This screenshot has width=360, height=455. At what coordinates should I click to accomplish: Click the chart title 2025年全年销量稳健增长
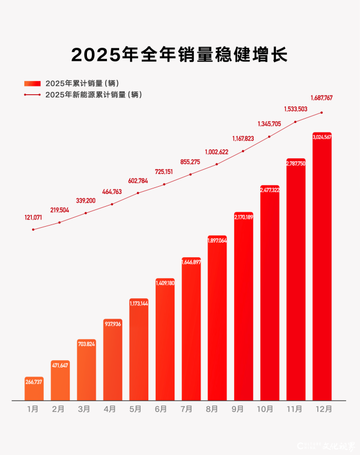[x=179, y=55]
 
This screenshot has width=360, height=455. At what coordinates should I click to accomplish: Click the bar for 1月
[x=34, y=389]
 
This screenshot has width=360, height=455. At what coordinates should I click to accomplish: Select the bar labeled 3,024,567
[x=322, y=266]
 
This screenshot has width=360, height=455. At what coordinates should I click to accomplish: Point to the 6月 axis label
[x=161, y=410]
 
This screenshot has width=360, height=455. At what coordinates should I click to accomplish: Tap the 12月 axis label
[x=322, y=410]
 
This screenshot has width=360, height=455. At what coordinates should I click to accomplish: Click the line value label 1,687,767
[x=322, y=98]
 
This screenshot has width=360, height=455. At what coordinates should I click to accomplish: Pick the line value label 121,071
[x=33, y=218]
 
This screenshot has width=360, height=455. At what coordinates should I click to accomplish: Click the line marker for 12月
[x=322, y=113]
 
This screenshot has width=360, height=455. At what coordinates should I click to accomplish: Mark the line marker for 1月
[x=33, y=229]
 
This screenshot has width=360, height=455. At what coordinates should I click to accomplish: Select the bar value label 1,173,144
[x=138, y=303]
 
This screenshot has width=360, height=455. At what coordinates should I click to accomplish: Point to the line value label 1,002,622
[x=217, y=152]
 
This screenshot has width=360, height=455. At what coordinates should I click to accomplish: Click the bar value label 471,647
[x=60, y=365]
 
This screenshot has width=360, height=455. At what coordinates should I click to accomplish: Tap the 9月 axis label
[x=243, y=410]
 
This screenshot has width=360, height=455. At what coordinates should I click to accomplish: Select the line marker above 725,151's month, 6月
[x=164, y=184]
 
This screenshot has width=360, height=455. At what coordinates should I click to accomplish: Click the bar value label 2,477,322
[x=269, y=190]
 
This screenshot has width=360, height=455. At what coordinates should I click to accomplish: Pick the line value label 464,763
[x=112, y=192]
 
